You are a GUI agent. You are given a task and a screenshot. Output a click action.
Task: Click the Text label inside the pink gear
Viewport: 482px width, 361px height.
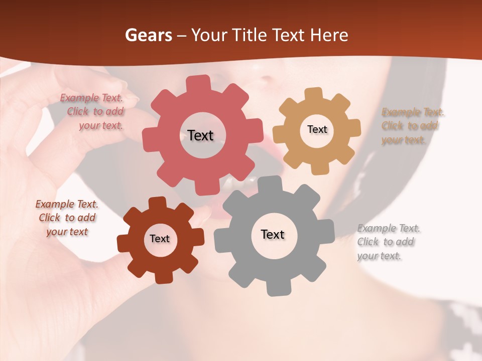[200, 135]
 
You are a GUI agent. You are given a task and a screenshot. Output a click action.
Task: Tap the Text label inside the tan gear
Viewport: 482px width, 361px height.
[317, 129]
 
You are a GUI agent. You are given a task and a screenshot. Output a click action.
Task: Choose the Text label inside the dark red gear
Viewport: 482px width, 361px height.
[160, 239]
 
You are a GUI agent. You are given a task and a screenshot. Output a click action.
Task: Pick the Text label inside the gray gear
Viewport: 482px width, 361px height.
[273, 234]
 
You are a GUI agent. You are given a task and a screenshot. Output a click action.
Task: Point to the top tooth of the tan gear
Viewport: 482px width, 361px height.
[313, 94]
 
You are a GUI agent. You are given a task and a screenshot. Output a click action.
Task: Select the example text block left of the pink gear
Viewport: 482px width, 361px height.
[95, 112]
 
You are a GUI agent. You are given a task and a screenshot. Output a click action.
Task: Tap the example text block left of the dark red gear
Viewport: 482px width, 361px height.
[67, 218]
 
